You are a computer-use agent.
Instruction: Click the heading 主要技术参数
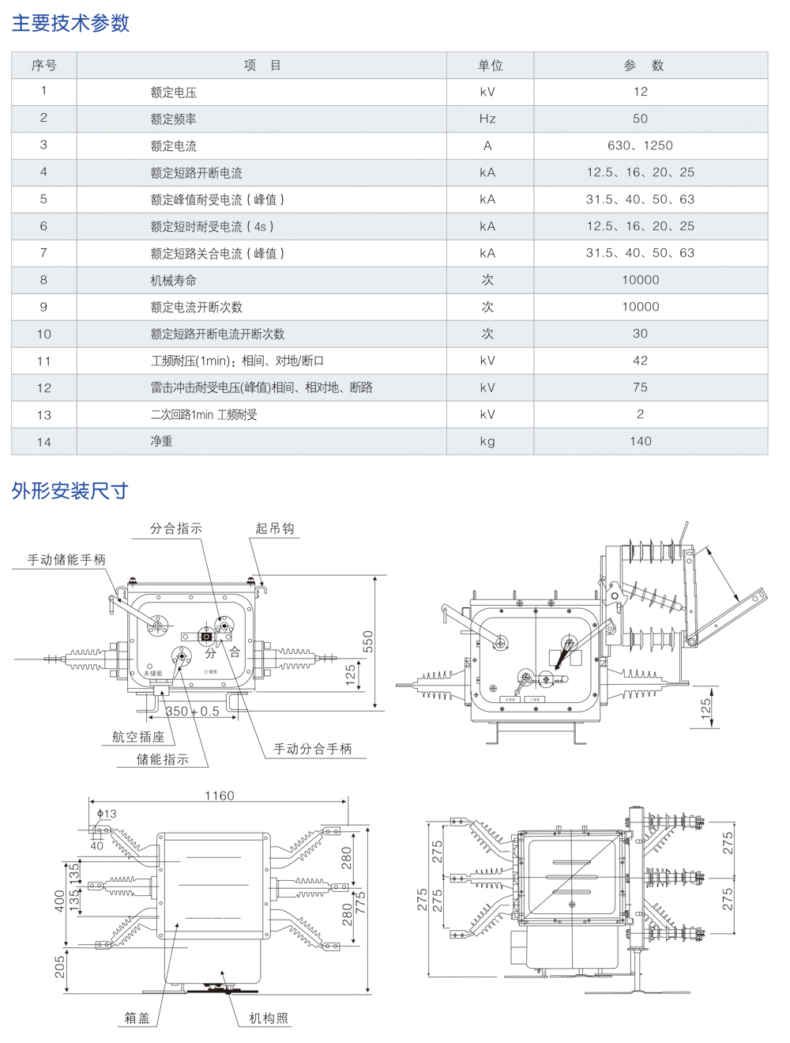(70, 23)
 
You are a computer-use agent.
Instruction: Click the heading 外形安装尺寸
(70, 491)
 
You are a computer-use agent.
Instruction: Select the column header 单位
(490, 66)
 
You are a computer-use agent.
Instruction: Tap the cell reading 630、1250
(640, 145)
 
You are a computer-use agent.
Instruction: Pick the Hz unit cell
(487, 119)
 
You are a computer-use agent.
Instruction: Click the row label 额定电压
(173, 93)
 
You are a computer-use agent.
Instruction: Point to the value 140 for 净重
(640, 441)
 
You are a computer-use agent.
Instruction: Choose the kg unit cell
(487, 441)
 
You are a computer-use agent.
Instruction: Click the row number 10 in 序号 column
(43, 334)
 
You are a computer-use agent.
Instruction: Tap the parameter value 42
(640, 361)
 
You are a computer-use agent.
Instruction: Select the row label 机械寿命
(173, 281)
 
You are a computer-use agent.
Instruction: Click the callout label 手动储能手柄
(66, 560)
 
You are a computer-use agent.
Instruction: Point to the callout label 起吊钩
(274, 528)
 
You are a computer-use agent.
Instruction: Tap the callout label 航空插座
(138, 737)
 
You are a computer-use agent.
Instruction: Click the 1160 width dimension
(219, 795)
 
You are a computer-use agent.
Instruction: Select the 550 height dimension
(368, 641)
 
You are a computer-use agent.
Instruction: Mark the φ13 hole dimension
(106, 814)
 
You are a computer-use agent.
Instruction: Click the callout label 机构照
(269, 1018)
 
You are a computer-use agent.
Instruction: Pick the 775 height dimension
(360, 901)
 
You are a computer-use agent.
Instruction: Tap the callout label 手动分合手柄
(312, 749)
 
